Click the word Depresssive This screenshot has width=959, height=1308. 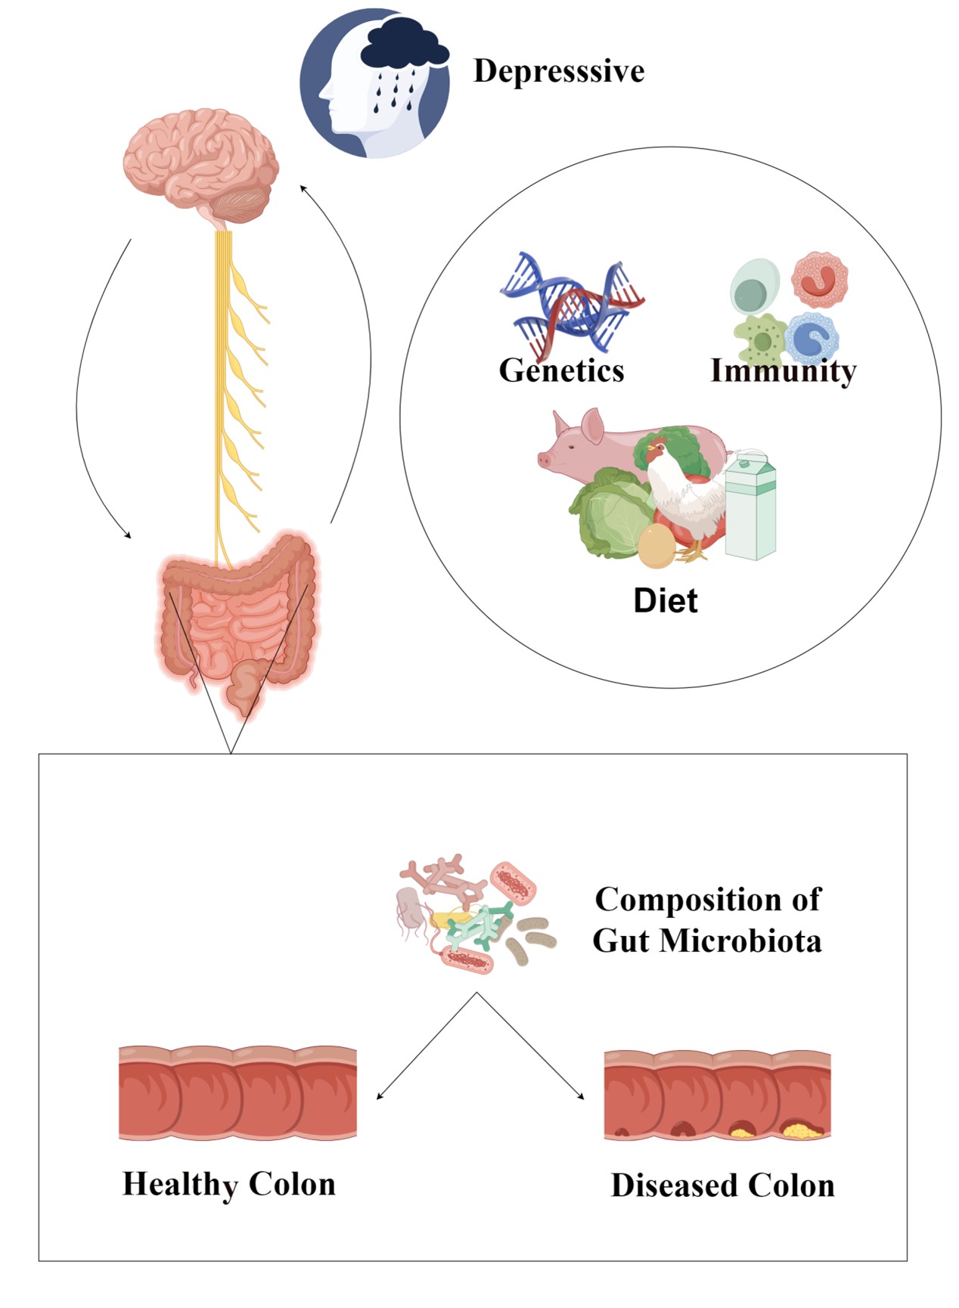[559, 71]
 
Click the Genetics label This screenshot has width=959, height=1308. [561, 370]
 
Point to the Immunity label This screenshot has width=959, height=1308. [783, 370]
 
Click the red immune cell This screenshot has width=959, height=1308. [819, 280]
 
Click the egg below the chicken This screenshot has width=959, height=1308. [656, 546]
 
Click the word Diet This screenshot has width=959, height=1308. [666, 600]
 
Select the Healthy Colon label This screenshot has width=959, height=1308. [229, 1184]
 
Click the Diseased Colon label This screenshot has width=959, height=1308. [722, 1186]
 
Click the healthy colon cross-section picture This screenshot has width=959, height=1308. [237, 1093]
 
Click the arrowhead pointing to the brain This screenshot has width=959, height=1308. [303, 188]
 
